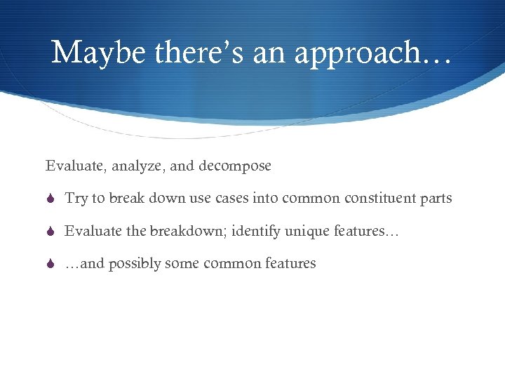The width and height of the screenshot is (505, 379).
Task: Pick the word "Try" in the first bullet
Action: pyautogui.click(x=76, y=199)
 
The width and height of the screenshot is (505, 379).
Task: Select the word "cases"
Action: pyautogui.click(x=231, y=199)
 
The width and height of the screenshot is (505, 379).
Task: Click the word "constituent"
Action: pyautogui.click(x=376, y=199)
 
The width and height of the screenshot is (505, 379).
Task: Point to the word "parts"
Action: pyautogui.click(x=436, y=199)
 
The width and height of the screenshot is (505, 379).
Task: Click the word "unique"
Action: pyautogui.click(x=304, y=231)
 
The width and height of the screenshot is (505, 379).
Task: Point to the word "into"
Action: pyautogui.click(x=265, y=199)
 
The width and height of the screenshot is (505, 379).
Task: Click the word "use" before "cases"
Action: pyautogui.click(x=201, y=199)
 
